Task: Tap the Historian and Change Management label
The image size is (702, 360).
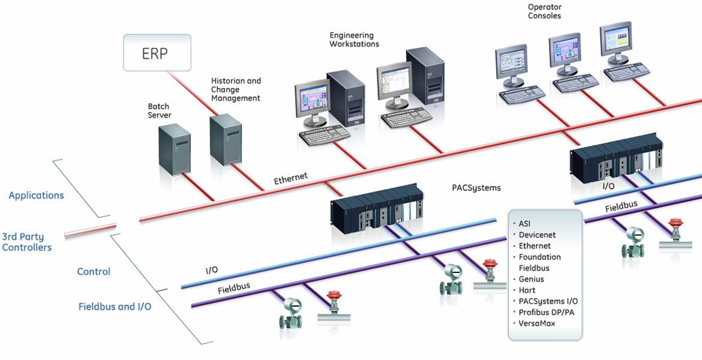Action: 236,89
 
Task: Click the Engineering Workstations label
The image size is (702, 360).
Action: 354,40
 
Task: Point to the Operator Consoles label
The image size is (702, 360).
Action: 544,11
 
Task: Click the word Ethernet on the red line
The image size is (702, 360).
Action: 291,178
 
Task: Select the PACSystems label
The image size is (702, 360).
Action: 476,188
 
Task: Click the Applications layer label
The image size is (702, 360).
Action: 36,196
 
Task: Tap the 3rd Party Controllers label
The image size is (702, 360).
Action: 27,242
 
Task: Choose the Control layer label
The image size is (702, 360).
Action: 94,272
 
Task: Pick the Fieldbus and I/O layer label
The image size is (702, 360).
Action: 115,307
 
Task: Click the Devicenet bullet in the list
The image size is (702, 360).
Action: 537,235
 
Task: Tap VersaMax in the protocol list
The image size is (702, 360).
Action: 537,323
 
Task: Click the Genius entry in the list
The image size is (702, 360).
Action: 532,279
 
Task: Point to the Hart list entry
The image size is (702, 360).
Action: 527,290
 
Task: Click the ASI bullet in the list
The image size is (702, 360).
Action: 524,224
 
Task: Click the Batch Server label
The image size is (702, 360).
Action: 160,110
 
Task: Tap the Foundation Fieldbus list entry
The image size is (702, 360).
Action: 540,262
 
